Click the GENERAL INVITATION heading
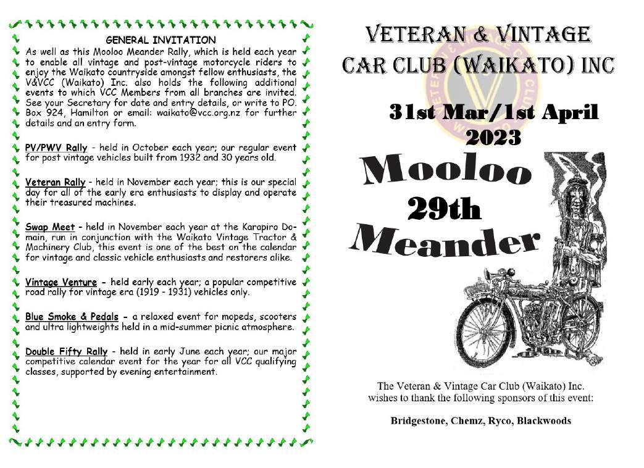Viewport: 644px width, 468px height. pos(161,41)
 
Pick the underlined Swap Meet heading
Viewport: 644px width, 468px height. pos(50,228)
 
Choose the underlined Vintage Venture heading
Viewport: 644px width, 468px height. pos(61,283)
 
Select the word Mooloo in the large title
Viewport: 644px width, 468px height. pos(448,170)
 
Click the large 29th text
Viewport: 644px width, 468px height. pos(445,210)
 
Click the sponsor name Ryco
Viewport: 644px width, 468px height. pos(499,421)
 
